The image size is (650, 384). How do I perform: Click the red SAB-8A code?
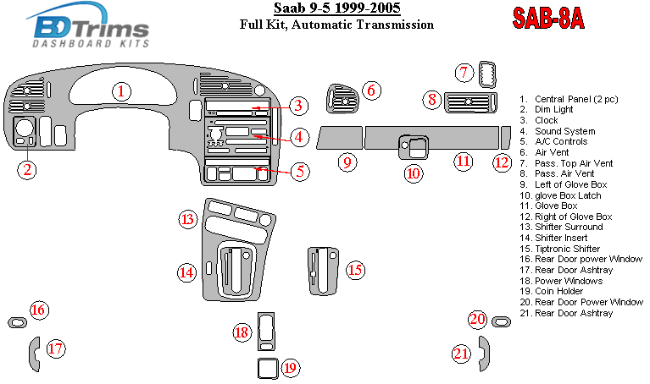[548, 19]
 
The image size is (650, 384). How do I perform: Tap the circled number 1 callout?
[121, 91]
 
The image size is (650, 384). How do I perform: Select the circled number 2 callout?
[27, 170]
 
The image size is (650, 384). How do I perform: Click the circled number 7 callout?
[464, 73]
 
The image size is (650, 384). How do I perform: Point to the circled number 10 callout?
[414, 173]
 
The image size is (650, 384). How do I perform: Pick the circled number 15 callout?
[355, 270]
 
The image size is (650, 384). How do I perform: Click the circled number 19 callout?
[290, 368]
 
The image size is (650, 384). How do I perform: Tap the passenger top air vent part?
[487, 74]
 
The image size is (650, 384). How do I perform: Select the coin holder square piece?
[268, 368]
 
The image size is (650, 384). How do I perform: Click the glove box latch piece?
[414, 147]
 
